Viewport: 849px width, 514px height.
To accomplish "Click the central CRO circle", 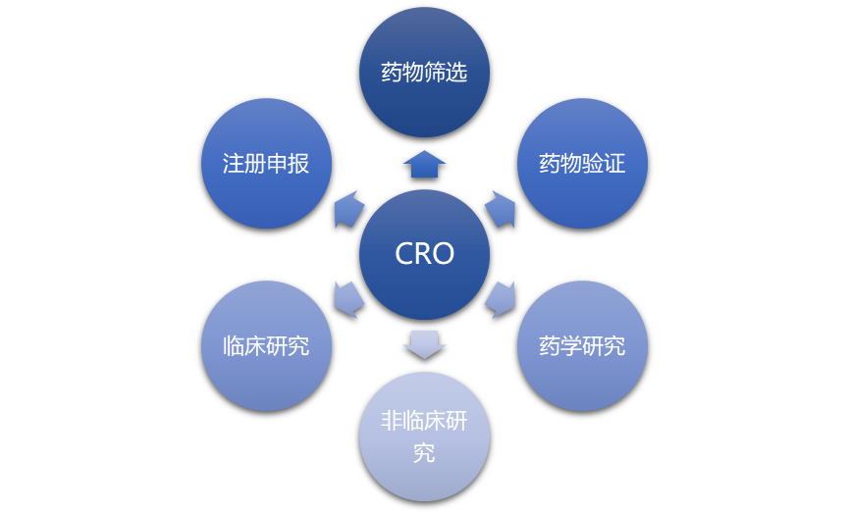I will [424, 254].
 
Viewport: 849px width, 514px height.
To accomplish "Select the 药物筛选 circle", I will [424, 72].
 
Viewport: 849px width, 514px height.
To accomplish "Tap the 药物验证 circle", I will [582, 163].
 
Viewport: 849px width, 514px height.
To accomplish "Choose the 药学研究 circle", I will [582, 345].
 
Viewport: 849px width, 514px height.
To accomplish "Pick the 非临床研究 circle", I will [424, 437].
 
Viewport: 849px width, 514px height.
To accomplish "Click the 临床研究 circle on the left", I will [266, 345].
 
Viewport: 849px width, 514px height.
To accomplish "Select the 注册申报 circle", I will [266, 163].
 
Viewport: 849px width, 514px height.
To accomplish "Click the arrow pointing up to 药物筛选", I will [424, 164].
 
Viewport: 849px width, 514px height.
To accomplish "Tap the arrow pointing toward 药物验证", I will [502, 209].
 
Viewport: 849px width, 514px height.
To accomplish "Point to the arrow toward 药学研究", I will [502, 299].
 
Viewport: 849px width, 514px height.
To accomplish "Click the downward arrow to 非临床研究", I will [424, 344].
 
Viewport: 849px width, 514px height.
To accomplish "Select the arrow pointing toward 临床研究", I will [347, 299].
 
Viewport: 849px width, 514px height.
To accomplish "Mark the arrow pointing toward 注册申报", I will [347, 209].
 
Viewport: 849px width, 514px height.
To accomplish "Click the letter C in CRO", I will [404, 254].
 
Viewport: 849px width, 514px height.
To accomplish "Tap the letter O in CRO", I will [444, 254].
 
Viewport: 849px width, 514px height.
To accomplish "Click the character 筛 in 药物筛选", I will [435, 73].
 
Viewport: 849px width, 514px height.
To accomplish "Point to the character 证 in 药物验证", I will [614, 164].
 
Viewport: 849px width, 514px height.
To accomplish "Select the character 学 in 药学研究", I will [571, 346].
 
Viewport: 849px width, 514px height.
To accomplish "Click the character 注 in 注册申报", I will [233, 164].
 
